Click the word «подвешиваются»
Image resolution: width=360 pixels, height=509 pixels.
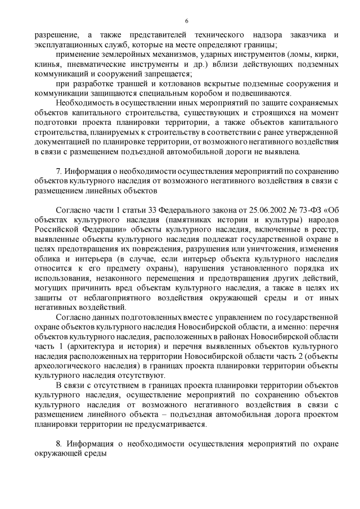(x=264, y=93)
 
